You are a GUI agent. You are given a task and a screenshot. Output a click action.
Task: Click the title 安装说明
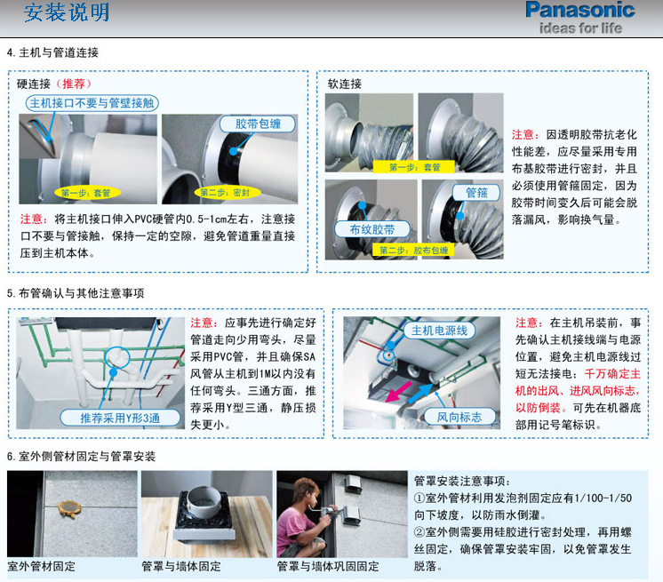point(67,12)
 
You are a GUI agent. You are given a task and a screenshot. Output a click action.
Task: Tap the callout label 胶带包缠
point(258,124)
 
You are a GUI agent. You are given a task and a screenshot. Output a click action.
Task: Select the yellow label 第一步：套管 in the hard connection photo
point(87,193)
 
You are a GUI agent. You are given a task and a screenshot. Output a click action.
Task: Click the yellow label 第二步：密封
point(226,193)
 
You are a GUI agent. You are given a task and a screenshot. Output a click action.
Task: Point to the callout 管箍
point(476,193)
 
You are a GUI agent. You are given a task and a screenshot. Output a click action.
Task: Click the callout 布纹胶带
point(372,229)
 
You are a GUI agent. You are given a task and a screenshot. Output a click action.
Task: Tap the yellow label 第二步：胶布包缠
point(413,251)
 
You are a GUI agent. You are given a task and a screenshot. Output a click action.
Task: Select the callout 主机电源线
point(439,331)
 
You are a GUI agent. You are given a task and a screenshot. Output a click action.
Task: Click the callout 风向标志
point(459,417)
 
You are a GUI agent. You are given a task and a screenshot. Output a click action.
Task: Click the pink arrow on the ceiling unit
point(399,391)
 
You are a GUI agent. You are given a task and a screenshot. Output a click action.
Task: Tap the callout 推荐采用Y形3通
point(120,418)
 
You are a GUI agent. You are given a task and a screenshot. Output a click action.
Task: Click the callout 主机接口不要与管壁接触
point(92,103)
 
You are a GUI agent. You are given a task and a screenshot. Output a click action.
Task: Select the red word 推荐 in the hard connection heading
point(74,84)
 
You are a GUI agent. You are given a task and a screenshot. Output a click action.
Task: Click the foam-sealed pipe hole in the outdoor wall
point(69,508)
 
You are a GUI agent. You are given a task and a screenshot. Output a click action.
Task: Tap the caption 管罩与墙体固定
point(181,566)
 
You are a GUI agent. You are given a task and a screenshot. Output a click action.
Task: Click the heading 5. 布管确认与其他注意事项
point(76,293)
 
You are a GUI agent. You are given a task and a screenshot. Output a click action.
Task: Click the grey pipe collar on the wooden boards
point(204,502)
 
